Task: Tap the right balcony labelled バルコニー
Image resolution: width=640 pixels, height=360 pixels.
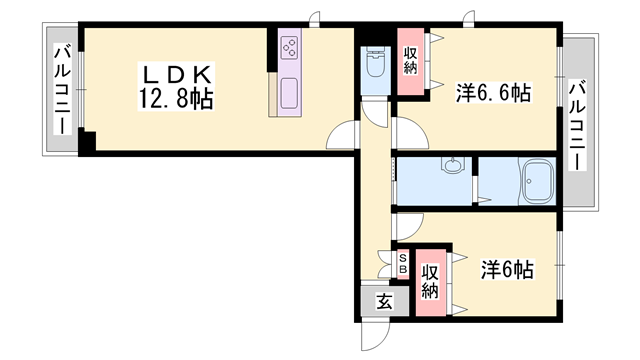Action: (x=578, y=126)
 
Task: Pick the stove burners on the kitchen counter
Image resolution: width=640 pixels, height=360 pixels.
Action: (x=290, y=48)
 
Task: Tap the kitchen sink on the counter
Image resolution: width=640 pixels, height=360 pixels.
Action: (x=289, y=93)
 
